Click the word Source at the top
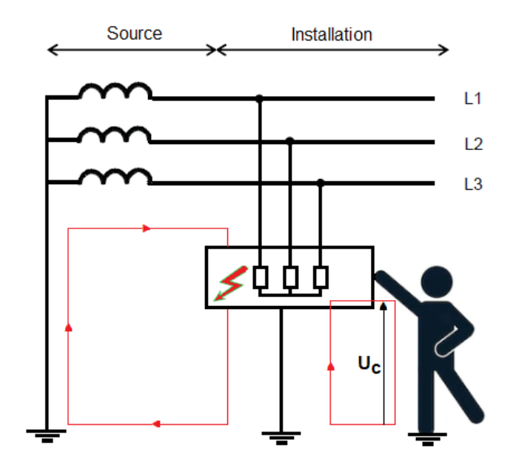[134, 33]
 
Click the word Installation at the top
[331, 35]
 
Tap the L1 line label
[473, 98]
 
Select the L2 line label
[473, 144]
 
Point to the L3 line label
[473, 184]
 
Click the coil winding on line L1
[115, 92]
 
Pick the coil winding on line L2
[115, 135]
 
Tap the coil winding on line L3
[115, 177]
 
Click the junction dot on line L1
[259, 98]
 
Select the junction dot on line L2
[290, 140]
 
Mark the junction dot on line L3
[321, 182]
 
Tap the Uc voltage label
[369, 364]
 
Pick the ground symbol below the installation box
[280, 437]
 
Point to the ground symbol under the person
[426, 437]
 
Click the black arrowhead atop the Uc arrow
[383, 305]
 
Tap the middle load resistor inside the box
[290, 277]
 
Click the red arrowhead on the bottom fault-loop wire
[156, 424]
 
